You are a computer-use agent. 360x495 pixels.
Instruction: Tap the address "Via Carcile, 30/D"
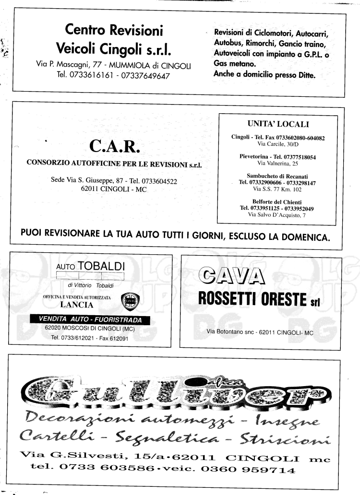[x=278, y=144]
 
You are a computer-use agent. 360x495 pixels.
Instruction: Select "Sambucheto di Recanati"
[x=278, y=176]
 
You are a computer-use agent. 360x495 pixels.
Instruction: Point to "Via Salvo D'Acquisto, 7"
[x=278, y=214]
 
